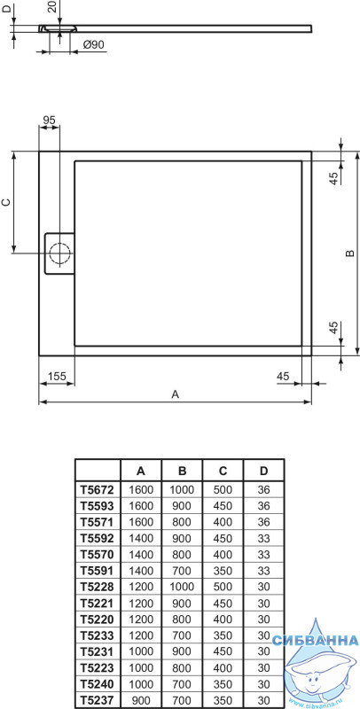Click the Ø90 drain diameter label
[94, 44]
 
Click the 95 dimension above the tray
[49, 120]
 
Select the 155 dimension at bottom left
[57, 375]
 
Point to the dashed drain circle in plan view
[59, 253]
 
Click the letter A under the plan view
[176, 393]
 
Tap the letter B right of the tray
[349, 253]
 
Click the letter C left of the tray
[6, 202]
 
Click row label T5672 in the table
[98, 490]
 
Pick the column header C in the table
[223, 471]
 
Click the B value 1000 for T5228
[182, 587]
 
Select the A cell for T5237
[141, 700]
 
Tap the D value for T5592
[263, 539]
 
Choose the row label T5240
[98, 684]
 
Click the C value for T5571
[223, 522]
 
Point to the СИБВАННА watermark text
[316, 640]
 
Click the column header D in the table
[263, 471]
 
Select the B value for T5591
[182, 571]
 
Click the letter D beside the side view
[5, 10]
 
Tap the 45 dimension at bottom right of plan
[283, 375]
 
